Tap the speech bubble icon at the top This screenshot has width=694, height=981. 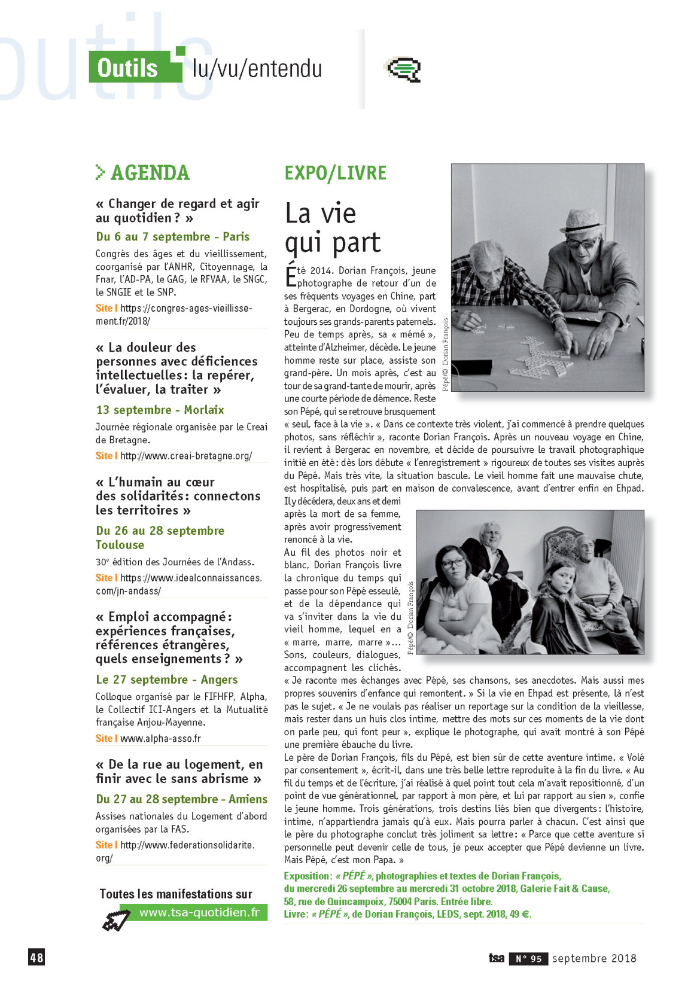coord(404,69)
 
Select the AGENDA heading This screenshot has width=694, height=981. coord(150,173)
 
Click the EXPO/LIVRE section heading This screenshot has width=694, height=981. coord(335,173)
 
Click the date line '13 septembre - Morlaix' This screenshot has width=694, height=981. coord(160,410)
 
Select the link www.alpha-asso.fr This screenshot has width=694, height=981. coord(160,738)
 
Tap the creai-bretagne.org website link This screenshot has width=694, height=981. coord(185,456)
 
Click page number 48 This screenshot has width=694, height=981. coord(36,957)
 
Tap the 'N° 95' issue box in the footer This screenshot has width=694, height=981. coord(528,959)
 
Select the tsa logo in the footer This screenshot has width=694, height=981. coord(496,958)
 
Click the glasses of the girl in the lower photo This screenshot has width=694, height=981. coord(453,563)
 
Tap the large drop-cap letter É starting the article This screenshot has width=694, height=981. coord(290,276)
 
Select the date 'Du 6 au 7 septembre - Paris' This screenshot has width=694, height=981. coord(172,237)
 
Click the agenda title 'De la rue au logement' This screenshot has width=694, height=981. coord(179,772)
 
